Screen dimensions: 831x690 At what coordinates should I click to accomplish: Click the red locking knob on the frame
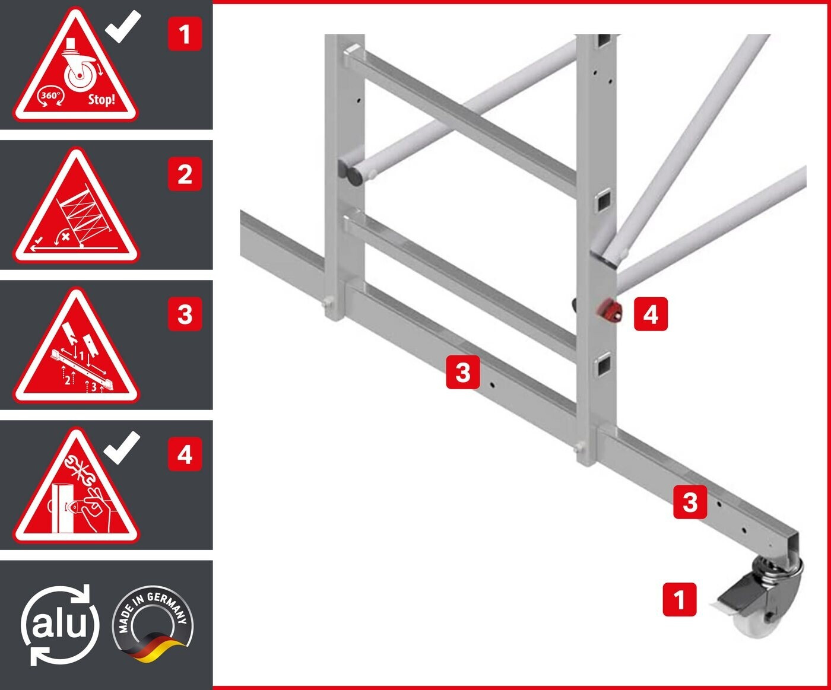click(x=609, y=311)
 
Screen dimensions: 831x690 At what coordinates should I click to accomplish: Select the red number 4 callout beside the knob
click(x=651, y=314)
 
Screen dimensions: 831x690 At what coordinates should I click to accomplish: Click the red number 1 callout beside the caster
click(x=680, y=599)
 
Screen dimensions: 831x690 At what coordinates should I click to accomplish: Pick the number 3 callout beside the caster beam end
click(x=690, y=502)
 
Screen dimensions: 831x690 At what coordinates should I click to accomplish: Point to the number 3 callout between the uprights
click(x=463, y=372)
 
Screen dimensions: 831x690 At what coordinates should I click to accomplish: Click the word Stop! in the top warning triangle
click(x=102, y=98)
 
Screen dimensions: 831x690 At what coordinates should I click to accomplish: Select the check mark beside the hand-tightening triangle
click(x=122, y=448)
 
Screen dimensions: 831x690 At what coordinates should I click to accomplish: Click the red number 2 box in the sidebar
click(x=185, y=174)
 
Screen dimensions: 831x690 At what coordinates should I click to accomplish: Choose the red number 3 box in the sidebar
click(x=185, y=314)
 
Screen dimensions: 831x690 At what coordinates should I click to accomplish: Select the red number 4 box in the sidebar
click(x=185, y=454)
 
